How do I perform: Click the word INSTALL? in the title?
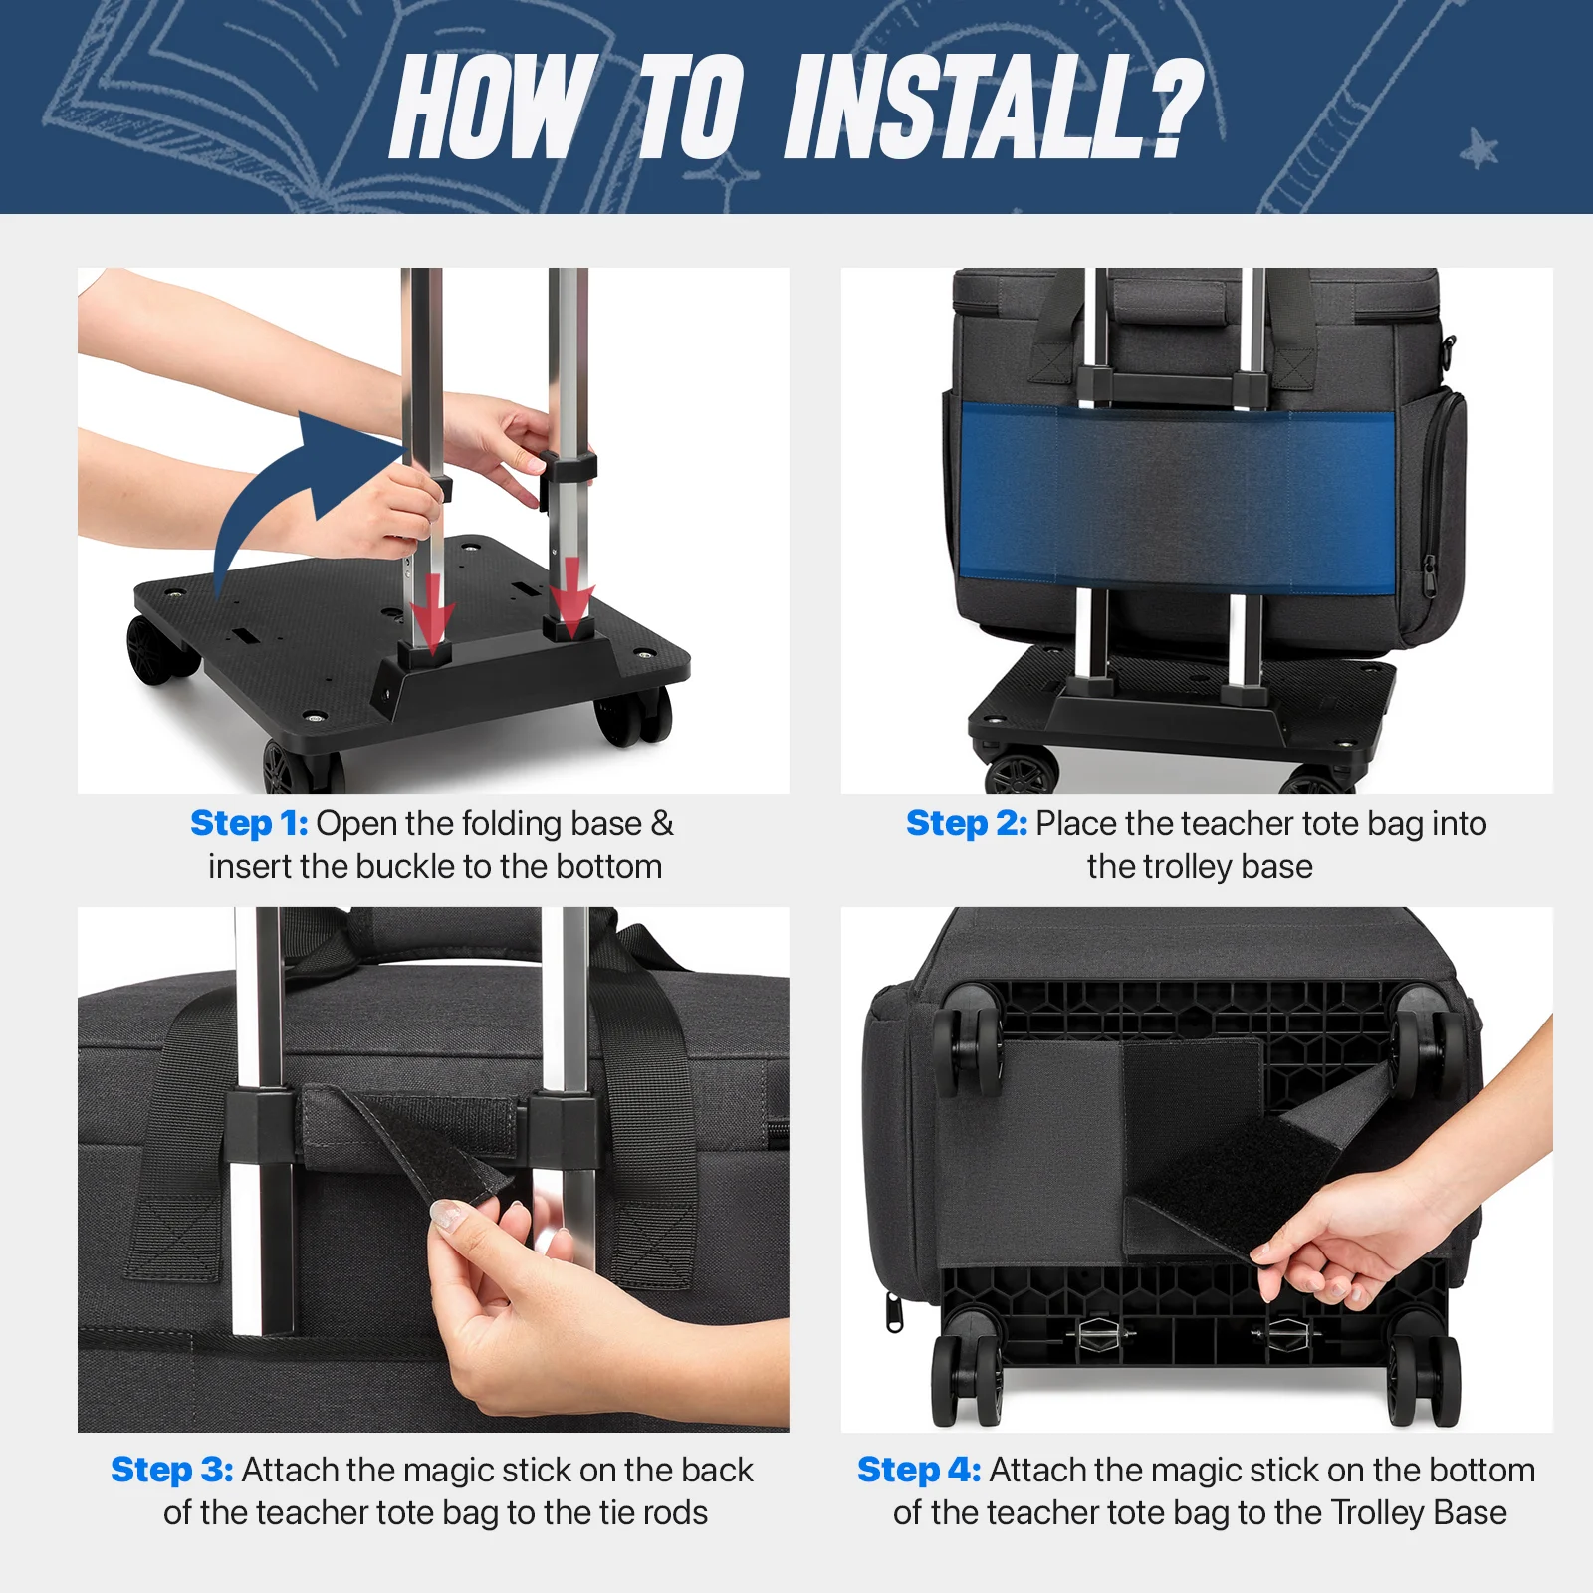994,107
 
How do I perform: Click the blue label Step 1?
249,823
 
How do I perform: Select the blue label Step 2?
966,823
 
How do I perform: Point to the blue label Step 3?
172,1470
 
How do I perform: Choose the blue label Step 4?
919,1470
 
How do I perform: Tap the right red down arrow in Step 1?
572,597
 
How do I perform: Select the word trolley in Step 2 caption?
1183,868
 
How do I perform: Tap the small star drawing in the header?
1480,150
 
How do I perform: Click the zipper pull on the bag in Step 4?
894,1311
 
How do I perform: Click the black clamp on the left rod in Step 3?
260,1128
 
